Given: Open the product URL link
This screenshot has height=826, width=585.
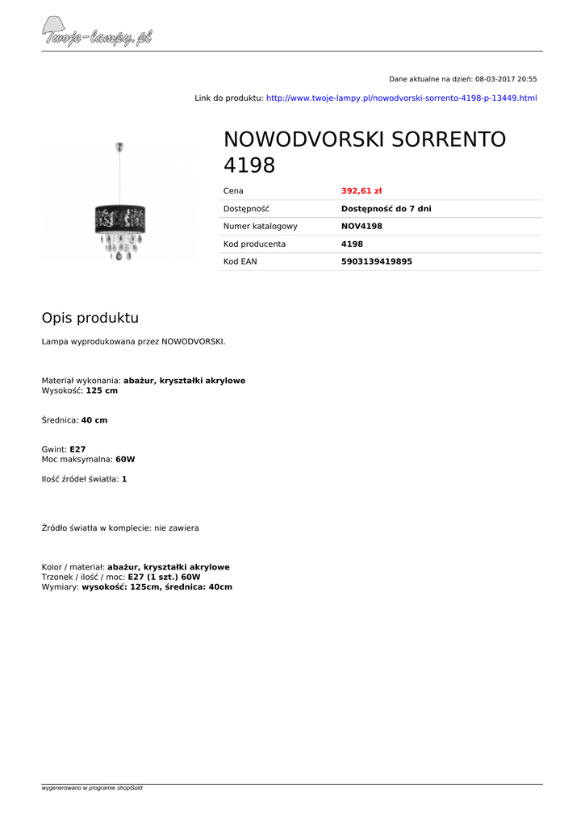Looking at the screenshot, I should click(x=401, y=98).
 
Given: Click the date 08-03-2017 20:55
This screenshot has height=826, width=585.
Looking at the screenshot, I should click(x=506, y=79).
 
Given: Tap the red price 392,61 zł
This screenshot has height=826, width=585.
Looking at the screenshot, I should click(x=361, y=191).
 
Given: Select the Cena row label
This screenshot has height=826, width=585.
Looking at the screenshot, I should click(x=233, y=191).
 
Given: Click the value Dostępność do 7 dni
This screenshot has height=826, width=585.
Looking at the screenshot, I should click(x=386, y=209).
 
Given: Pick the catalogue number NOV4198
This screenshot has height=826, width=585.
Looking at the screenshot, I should click(x=361, y=227).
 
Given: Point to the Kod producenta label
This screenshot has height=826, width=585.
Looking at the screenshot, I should click(x=254, y=244).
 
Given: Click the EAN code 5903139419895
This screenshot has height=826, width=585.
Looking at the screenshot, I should click(x=376, y=261).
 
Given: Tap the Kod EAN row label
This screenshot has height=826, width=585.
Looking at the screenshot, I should click(x=240, y=261).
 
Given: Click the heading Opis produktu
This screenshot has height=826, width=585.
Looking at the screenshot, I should click(x=90, y=318).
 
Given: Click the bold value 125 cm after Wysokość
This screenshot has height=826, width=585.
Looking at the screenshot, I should click(x=102, y=390).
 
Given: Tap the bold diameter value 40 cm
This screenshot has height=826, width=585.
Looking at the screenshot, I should click(x=94, y=420).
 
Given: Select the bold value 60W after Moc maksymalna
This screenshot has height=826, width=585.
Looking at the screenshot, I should click(x=125, y=459).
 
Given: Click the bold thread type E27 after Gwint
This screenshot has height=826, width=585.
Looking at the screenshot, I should click(x=77, y=449).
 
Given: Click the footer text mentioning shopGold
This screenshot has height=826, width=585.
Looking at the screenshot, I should click(x=92, y=788).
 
